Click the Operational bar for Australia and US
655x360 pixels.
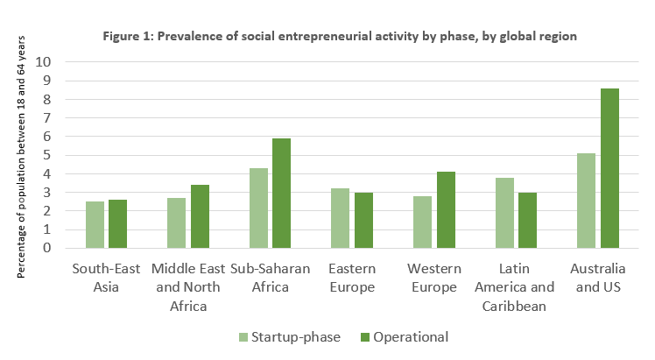(611, 168)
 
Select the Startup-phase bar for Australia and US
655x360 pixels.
(587, 201)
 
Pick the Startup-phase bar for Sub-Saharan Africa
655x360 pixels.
(258, 208)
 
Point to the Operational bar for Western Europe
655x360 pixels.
(446, 209)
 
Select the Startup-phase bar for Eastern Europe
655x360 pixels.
(342, 218)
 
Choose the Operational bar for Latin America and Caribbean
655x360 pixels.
(529, 220)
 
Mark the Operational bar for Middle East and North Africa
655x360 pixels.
(199, 216)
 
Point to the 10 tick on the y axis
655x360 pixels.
(44, 62)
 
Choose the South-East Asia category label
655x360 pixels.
(107, 278)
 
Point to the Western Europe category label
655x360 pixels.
(435, 278)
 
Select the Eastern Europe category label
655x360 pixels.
(353, 278)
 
